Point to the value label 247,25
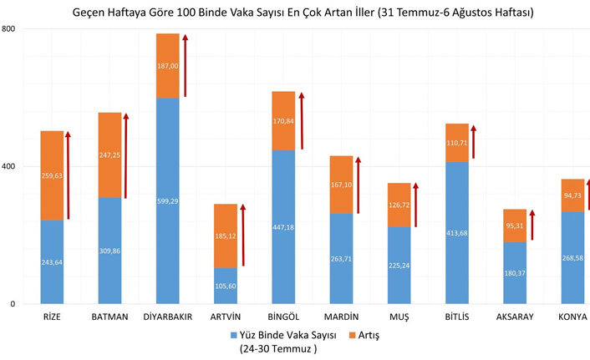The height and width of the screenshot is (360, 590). pyautogui.click(x=110, y=155)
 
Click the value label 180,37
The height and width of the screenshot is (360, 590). pyautogui.click(x=515, y=272)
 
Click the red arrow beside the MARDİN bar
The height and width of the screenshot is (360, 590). pyautogui.click(x=360, y=188)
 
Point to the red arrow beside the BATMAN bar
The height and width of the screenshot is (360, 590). pyautogui.click(x=127, y=156)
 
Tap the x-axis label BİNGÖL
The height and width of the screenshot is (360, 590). pyautogui.click(x=283, y=317)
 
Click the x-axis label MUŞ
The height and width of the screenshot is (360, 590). pyautogui.click(x=399, y=317)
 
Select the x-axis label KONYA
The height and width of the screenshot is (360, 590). pyautogui.click(x=572, y=317)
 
